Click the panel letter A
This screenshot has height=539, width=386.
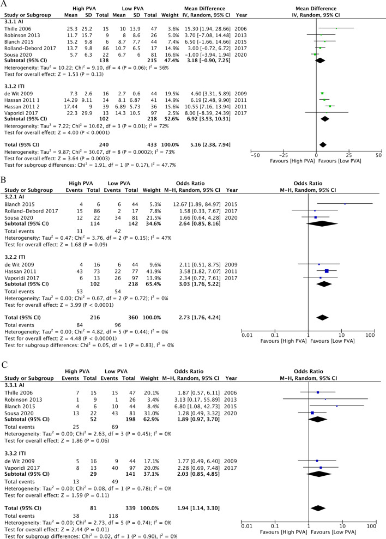click(6, 5)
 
